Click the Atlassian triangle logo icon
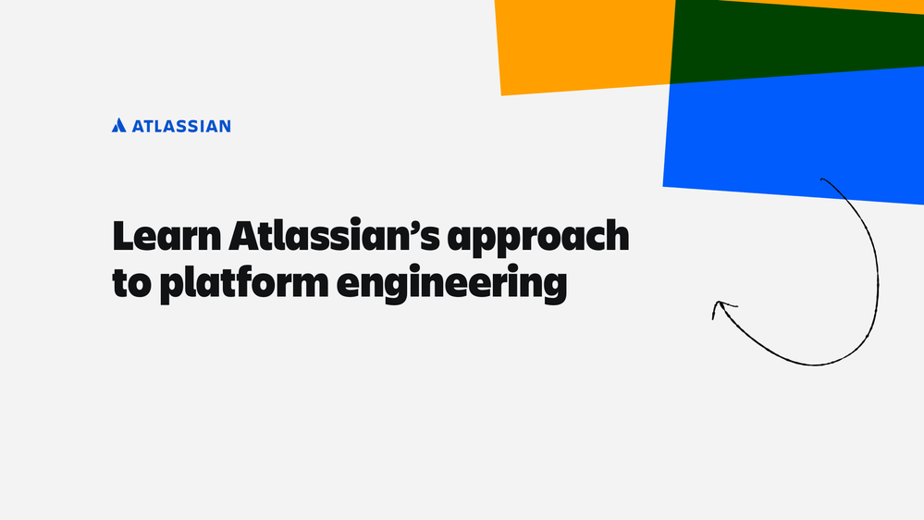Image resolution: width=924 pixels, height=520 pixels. [119, 125]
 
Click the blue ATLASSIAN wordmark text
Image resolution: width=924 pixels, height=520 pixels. [181, 126]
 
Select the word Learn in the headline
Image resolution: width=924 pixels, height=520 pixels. [166, 236]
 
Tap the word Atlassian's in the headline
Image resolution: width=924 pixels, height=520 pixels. [334, 236]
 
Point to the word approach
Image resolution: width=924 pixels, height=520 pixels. [538, 240]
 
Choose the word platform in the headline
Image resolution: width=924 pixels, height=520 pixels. [244, 285]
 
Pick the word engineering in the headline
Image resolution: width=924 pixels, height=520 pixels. [451, 285]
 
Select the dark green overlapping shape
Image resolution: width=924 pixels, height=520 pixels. [796, 40]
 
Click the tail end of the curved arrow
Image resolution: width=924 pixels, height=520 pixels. [821, 179]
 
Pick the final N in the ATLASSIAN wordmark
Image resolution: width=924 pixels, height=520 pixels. [224, 126]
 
